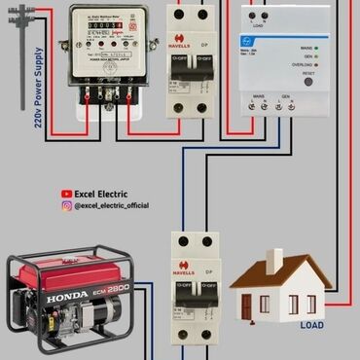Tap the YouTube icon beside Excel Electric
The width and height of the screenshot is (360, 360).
pos(67,194)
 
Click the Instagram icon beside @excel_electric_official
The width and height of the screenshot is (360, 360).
pos(67,205)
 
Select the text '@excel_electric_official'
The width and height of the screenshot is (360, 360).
pos(111,205)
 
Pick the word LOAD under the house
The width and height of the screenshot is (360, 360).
pos(311,325)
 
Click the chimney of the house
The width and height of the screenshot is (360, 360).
pos(276,259)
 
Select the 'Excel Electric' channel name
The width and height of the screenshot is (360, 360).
pos(101,194)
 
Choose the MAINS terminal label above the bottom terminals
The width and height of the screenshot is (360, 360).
pos(260,98)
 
